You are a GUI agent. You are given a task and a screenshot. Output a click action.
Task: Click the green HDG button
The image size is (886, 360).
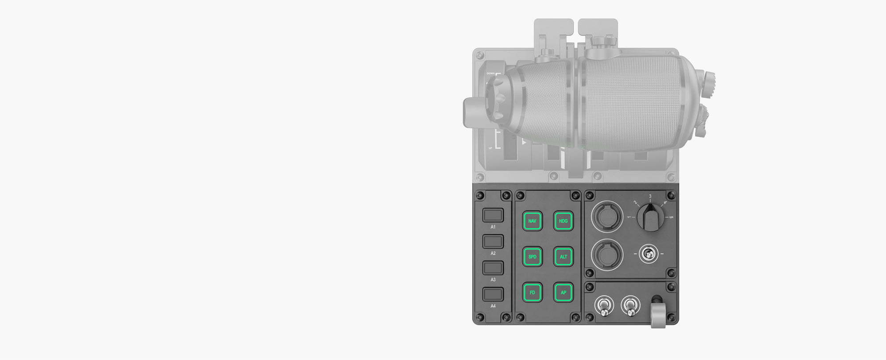[x=563, y=221]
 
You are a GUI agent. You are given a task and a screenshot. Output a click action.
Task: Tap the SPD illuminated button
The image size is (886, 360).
[x=532, y=257]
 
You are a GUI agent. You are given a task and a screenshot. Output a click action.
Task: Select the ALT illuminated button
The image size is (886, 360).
[x=563, y=257]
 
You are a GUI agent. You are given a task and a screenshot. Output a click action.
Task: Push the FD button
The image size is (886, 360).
[x=532, y=292]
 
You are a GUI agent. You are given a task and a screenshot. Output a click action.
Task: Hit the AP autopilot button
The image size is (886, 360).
[x=563, y=292]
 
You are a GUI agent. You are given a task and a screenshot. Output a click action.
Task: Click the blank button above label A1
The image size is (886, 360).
[x=493, y=216]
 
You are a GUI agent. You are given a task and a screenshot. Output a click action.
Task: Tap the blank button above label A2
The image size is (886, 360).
[x=493, y=242]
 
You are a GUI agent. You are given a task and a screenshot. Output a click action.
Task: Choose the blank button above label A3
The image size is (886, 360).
[x=493, y=268]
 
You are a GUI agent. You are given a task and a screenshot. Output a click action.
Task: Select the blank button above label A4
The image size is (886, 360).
[x=493, y=294]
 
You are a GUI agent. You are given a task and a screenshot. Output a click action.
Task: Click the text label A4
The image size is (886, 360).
[x=493, y=306]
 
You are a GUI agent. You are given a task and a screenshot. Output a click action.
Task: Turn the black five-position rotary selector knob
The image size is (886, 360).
[x=650, y=217]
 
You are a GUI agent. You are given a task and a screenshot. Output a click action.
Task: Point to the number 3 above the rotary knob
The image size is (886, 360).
[x=650, y=196]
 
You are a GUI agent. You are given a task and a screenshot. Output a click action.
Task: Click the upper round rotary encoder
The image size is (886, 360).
[x=606, y=217]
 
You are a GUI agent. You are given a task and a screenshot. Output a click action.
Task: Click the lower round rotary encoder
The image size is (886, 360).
[x=606, y=255]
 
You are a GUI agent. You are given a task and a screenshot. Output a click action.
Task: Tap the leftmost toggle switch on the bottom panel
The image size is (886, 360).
[x=603, y=307]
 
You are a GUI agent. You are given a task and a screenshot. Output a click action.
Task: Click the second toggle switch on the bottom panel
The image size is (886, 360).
[x=630, y=307]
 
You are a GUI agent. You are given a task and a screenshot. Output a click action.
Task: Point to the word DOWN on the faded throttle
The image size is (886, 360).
[x=490, y=74]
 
